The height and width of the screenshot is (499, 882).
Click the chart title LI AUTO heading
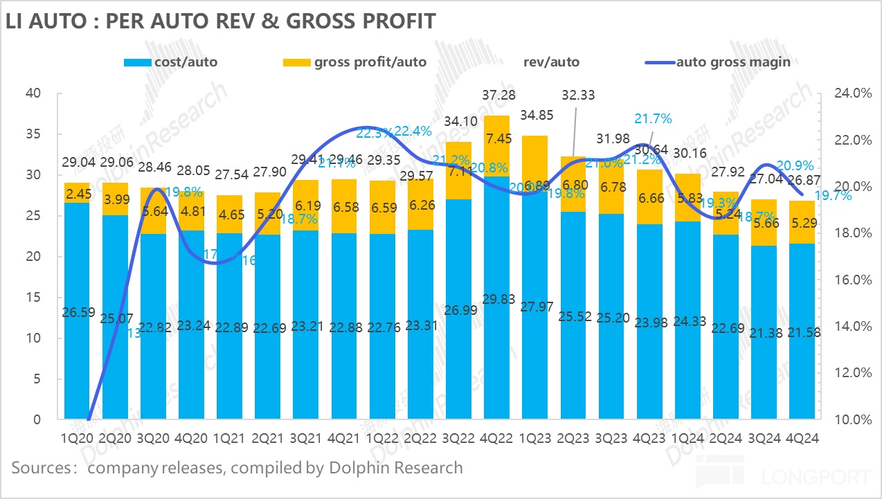220,21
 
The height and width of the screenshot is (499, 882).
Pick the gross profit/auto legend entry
354,62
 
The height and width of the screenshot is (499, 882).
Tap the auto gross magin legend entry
721,62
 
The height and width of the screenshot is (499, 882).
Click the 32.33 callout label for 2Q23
578,95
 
